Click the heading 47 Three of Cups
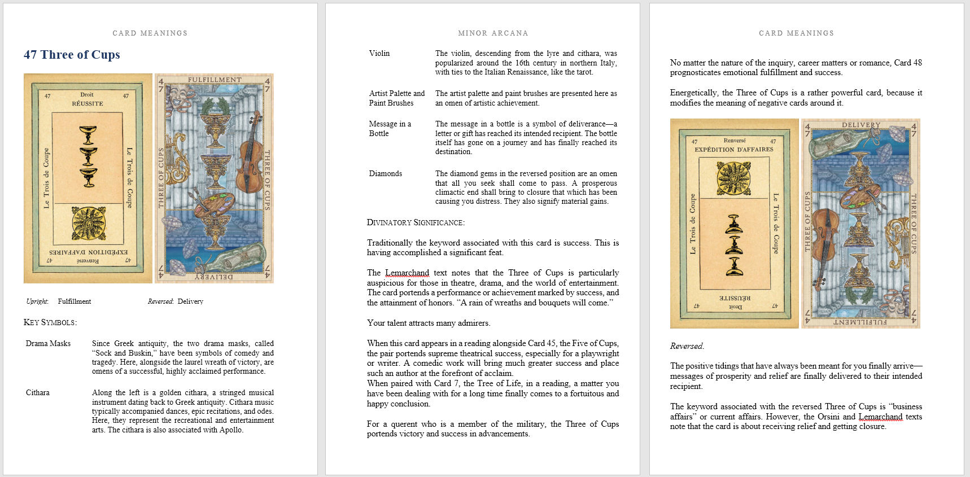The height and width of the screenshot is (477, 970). [72, 55]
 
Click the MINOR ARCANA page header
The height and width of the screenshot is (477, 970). [493, 33]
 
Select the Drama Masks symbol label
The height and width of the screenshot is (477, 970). [48, 343]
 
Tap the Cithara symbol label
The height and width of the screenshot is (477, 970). [38, 392]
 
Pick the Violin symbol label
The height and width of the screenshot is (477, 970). [379, 53]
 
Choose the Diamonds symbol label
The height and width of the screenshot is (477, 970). [386, 173]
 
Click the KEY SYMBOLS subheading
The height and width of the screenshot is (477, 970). [50, 322]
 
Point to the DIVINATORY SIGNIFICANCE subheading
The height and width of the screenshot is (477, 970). [416, 222]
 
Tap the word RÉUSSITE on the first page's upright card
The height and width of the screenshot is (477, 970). [88, 104]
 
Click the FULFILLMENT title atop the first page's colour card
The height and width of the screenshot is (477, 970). [215, 80]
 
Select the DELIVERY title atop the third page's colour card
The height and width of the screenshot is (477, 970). [860, 125]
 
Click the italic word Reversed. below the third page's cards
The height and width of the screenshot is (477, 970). [687, 346]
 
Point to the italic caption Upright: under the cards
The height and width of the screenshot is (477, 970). [37, 301]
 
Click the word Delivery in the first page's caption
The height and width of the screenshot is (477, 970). [190, 301]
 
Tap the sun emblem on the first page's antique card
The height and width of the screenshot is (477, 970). [88, 223]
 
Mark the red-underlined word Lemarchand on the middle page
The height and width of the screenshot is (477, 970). [407, 273]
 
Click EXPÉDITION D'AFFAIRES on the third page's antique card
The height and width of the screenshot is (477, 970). [734, 150]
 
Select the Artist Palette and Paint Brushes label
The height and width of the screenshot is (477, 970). [397, 98]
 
